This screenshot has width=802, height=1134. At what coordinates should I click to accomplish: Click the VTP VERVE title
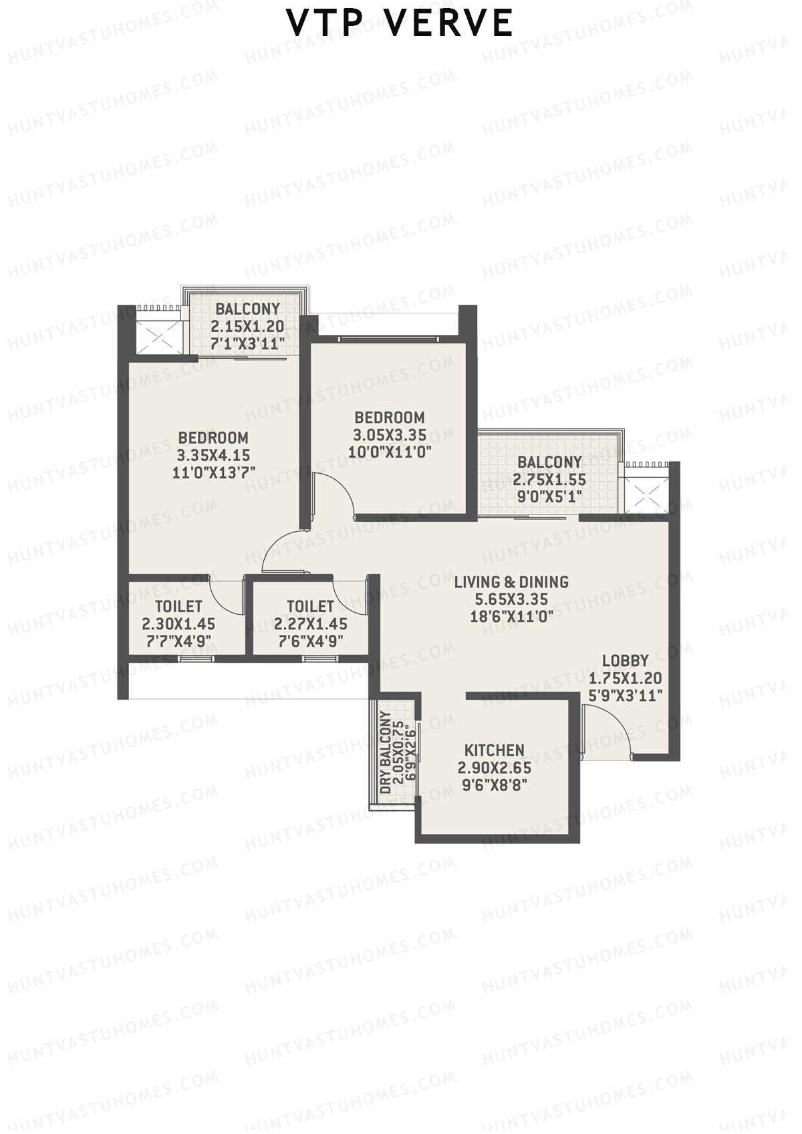(x=400, y=23)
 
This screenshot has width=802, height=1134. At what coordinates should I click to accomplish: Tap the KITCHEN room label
(x=495, y=750)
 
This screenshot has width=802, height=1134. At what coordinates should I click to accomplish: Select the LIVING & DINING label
(x=511, y=582)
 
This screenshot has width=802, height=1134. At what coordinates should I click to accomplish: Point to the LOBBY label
(x=625, y=661)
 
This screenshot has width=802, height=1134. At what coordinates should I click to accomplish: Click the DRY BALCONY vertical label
(x=386, y=753)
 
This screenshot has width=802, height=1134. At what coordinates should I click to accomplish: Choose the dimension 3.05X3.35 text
(x=390, y=435)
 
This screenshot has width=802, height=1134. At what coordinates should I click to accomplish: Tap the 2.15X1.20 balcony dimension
(x=247, y=327)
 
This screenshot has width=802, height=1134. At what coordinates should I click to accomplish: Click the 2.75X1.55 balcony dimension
(x=549, y=480)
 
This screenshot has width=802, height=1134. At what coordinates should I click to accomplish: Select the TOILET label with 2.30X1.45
(x=178, y=607)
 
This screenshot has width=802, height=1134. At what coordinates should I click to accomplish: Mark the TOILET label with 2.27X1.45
(x=310, y=607)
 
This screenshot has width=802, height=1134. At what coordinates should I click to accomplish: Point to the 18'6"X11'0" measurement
(x=511, y=617)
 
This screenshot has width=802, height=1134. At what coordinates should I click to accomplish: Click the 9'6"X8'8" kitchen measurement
(x=495, y=785)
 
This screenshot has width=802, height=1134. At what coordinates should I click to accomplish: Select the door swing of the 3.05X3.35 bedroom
(x=334, y=494)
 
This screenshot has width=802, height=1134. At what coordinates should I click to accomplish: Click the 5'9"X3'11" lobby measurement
(x=625, y=696)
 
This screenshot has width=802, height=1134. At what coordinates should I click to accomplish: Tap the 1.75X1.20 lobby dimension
(x=625, y=678)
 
